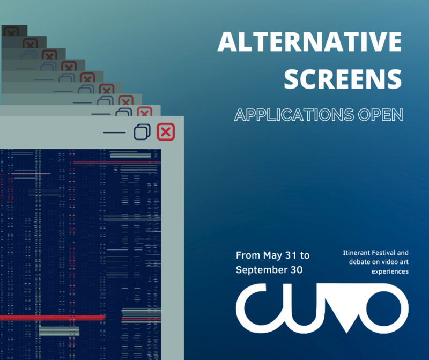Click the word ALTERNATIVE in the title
point(309,41)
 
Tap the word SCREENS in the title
point(343,78)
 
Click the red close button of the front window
point(166,131)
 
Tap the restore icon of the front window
point(142,131)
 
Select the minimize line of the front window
point(114,133)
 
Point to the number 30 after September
point(297,270)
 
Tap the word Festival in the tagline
point(387,253)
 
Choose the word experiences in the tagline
point(390,271)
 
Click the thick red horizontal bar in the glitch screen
point(53,318)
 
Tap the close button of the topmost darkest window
point(11,32)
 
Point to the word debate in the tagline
point(359,262)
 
